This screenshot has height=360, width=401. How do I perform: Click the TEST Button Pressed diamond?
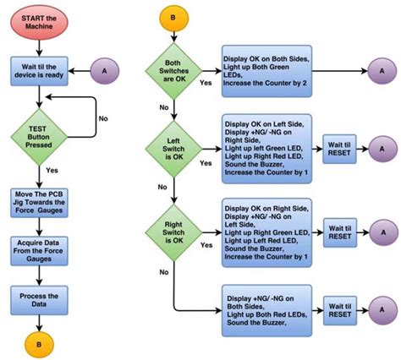click(x=40, y=130)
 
